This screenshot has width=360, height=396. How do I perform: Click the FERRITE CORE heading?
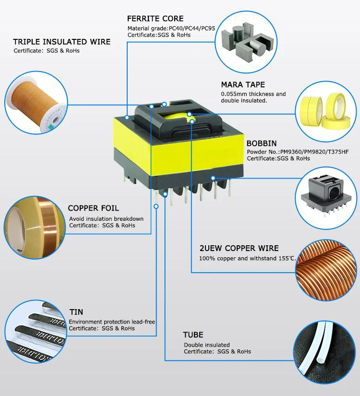(155, 19)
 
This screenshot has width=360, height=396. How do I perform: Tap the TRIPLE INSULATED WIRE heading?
(62, 42)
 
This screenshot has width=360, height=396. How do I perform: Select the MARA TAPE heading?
(243, 85)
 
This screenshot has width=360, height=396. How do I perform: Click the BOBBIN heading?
(262, 143)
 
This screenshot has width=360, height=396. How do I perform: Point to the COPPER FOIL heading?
(93, 208)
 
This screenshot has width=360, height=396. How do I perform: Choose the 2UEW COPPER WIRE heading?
(239, 248)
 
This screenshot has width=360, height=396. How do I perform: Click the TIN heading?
(76, 312)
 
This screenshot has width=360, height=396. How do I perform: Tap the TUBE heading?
(193, 335)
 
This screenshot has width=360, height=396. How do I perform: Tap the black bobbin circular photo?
(328, 192)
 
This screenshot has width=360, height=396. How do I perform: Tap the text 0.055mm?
(233, 94)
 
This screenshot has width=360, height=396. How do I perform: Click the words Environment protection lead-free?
(112, 322)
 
